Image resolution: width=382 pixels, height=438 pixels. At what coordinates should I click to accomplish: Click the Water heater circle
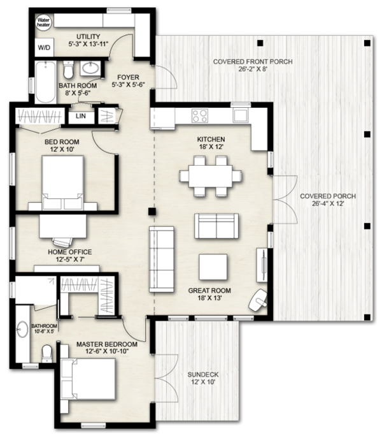click(x=43, y=24)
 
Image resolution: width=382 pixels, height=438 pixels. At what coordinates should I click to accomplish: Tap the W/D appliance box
click(x=44, y=47)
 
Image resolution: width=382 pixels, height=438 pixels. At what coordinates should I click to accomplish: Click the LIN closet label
click(x=81, y=116)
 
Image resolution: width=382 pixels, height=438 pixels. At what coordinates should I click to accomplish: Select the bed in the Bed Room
click(x=62, y=182)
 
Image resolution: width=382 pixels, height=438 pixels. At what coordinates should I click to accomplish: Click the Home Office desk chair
click(x=62, y=241)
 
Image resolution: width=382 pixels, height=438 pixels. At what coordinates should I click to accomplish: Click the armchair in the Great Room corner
click(x=260, y=298)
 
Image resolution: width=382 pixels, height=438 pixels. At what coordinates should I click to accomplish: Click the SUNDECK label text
click(x=202, y=374)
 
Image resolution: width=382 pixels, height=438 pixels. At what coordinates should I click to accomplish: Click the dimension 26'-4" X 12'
click(x=328, y=205)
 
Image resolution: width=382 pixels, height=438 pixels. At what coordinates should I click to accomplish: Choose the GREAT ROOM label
click(x=209, y=290)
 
